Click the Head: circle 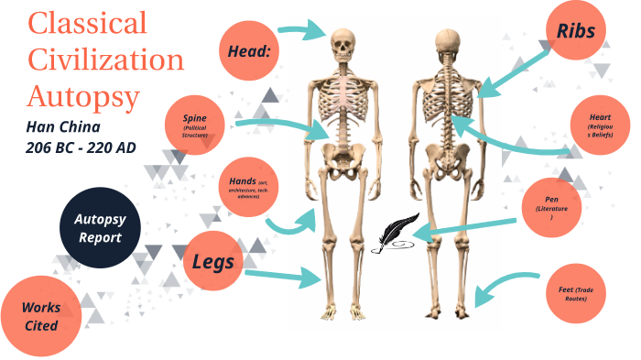tap(248, 51)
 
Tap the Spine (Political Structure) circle tap(195, 125)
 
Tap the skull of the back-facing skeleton tap(448, 43)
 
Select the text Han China tap(63, 125)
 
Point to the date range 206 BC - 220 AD tap(82, 146)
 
